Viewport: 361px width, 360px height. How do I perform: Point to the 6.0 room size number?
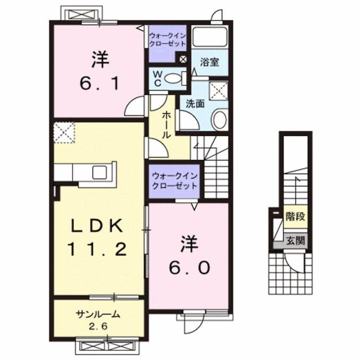click(188, 266)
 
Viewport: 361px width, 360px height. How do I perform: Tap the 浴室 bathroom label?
click(210, 63)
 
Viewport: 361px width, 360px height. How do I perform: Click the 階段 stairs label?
click(295, 215)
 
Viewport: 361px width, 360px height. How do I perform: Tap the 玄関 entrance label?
click(295, 241)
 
